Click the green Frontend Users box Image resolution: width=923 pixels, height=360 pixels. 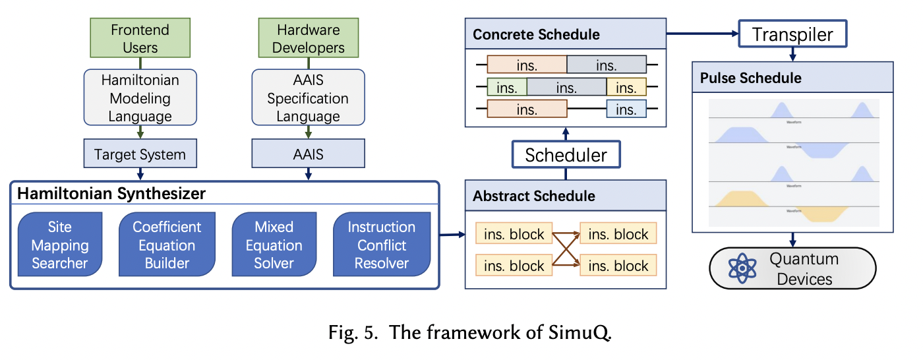(140, 38)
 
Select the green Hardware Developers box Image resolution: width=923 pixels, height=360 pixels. (308, 38)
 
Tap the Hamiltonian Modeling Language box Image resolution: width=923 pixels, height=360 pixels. (140, 98)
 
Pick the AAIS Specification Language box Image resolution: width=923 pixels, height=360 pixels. (308, 98)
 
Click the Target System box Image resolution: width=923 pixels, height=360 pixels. (140, 155)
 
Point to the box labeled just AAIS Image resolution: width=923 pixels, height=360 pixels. (308, 155)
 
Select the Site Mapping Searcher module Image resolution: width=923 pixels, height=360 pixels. (59, 245)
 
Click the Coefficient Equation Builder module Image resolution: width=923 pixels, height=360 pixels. (167, 245)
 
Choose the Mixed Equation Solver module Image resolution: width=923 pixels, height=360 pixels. (274, 245)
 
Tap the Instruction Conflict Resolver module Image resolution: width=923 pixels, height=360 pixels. (382, 245)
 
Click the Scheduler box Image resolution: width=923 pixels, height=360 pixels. (566, 155)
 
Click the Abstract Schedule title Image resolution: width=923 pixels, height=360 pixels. (534, 196)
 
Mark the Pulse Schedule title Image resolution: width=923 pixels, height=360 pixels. (751, 78)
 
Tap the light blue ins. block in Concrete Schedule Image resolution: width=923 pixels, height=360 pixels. (626, 109)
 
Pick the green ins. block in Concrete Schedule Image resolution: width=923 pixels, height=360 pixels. (506, 87)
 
